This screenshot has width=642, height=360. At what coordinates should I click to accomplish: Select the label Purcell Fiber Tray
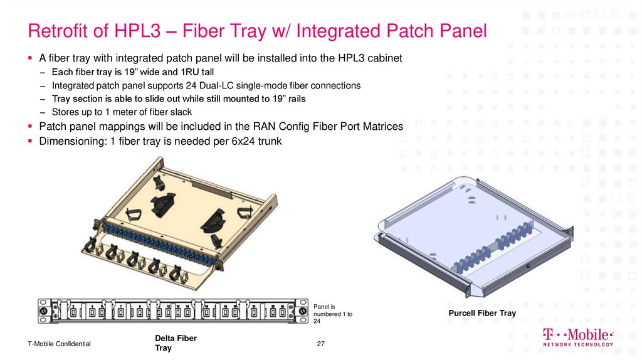(x=481, y=313)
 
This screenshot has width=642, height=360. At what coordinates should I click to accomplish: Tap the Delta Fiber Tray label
(x=176, y=342)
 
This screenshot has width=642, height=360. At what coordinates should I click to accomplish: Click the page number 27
(x=321, y=344)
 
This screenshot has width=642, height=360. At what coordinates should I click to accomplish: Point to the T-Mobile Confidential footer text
(x=59, y=344)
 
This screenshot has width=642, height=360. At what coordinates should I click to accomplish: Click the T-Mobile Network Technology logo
(x=577, y=337)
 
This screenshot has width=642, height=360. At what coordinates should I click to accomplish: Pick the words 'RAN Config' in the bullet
(x=260, y=127)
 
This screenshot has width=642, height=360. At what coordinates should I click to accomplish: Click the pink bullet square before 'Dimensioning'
(x=30, y=141)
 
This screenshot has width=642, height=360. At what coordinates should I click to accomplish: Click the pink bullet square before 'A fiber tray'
(x=30, y=58)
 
